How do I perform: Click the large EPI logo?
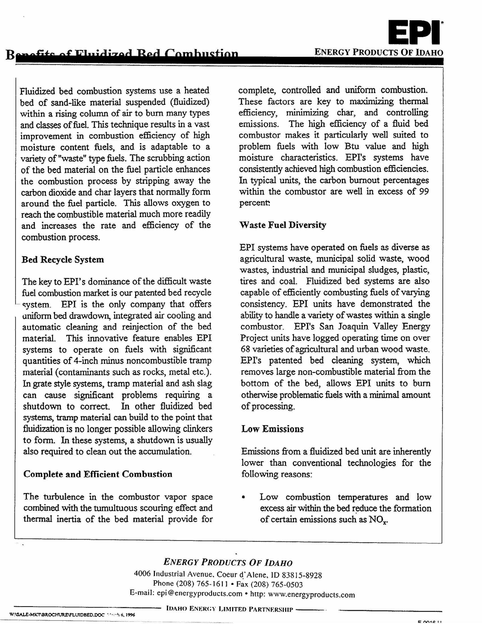414,32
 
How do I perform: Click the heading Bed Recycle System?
63,260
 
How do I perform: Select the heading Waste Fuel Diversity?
283,225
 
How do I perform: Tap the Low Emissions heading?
272,429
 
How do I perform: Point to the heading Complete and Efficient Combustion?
98,474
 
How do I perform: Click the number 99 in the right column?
424,191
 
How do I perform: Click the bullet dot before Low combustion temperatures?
243,497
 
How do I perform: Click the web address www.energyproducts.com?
311,595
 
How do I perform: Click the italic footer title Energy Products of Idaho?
228,562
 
